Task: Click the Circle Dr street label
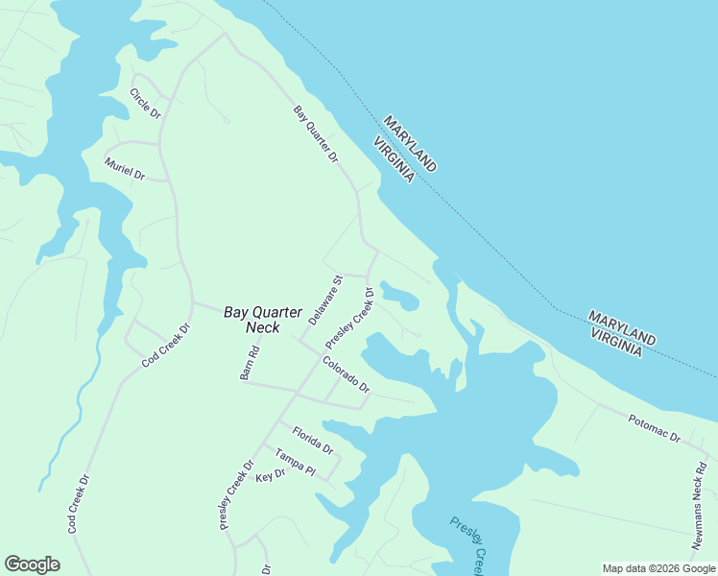coord(145,103)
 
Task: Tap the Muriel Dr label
coord(124,169)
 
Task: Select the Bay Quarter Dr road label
coord(317,134)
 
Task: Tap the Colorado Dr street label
coord(347,374)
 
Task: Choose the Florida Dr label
coord(313,441)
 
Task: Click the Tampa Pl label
coord(296,462)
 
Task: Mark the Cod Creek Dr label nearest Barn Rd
coord(167,346)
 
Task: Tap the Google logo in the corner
coord(32,564)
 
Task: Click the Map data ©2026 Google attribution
coord(658,568)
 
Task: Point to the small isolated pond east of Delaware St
coord(400,296)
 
